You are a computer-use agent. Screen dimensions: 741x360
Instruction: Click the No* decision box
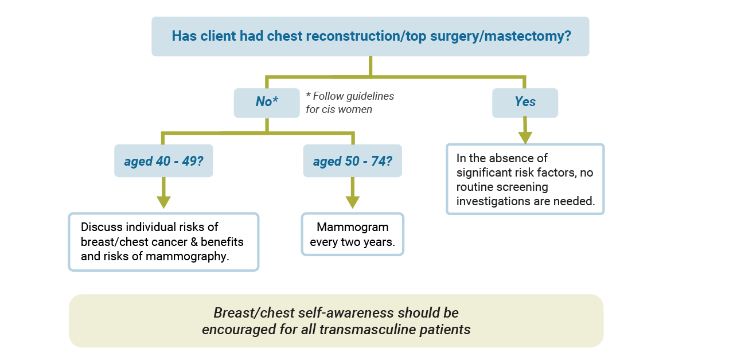[x=267, y=103]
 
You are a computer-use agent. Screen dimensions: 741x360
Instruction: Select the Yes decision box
[x=525, y=103]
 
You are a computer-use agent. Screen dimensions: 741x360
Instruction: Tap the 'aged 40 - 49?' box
[x=163, y=161]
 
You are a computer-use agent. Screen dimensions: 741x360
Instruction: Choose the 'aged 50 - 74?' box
[x=353, y=161]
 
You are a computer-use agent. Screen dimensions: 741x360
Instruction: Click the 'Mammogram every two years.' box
[x=353, y=234]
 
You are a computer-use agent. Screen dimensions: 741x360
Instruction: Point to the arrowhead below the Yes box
[x=525, y=138]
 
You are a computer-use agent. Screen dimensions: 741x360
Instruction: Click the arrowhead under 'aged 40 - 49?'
[x=163, y=202]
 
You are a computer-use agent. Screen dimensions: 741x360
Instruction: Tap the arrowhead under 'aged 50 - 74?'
[x=353, y=202]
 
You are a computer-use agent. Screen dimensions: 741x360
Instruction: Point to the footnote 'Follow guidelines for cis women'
[x=350, y=103]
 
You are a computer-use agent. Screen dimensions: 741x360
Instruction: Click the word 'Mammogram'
[x=353, y=227]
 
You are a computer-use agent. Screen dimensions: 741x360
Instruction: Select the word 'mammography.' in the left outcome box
[x=188, y=257]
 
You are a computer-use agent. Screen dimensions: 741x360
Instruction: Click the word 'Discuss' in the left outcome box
[x=102, y=227]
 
